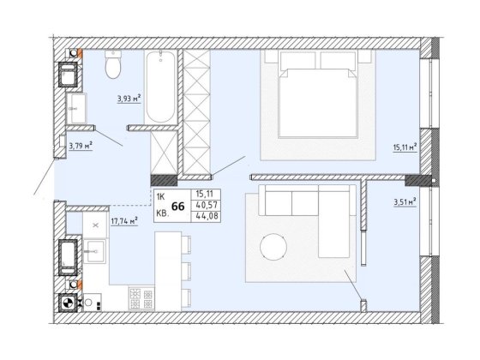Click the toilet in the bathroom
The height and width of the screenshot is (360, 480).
point(113,64)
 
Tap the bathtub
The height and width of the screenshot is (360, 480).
point(161,87)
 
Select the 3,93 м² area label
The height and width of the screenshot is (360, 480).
point(129,99)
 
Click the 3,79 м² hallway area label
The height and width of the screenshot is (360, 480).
point(81,146)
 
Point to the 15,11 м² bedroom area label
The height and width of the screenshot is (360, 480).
point(405,147)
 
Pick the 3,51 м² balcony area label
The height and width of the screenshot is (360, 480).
point(405,202)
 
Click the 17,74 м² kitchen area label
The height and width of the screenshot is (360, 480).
point(124,221)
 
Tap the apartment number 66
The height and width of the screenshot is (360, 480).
point(178,207)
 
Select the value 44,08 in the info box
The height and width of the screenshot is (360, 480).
point(207,216)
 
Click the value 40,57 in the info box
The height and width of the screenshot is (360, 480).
point(207,205)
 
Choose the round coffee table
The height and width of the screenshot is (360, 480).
point(273,247)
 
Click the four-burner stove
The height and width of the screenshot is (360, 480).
point(141,298)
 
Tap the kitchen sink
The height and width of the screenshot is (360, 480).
point(95,251)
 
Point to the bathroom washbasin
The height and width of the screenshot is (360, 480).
point(76,108)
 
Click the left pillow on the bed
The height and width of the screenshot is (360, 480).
point(297,60)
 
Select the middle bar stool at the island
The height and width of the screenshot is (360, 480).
point(186,271)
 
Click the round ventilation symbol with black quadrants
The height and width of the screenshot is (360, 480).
point(68,303)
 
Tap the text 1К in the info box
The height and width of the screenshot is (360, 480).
point(161,197)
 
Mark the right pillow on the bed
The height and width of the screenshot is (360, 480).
point(338,60)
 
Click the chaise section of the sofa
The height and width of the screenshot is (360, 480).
point(333,225)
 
